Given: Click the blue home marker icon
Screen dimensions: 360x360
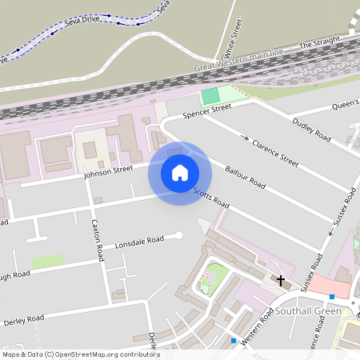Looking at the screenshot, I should pyautogui.click(x=180, y=173).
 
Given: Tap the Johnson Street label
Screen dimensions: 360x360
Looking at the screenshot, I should pyautogui.click(x=108, y=170).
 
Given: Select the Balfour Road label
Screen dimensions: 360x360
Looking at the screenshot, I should pyautogui.click(x=245, y=177).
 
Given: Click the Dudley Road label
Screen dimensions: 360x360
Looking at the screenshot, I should pyautogui.click(x=311, y=130).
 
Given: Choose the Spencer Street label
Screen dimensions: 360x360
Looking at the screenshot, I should pyautogui.click(x=206, y=111).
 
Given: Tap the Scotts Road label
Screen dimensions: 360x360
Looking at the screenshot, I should pyautogui.click(x=211, y=198).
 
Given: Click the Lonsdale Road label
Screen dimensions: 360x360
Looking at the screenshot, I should pyautogui.click(x=139, y=240).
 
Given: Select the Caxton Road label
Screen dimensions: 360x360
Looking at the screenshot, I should pyautogui.click(x=98, y=240).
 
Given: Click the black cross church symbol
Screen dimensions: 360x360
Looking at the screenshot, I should pyautogui.click(x=281, y=279).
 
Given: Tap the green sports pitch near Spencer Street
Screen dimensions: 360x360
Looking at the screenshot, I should pyautogui.click(x=210, y=95).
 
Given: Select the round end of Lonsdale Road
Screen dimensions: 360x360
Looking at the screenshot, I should pyautogui.click(x=178, y=234).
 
